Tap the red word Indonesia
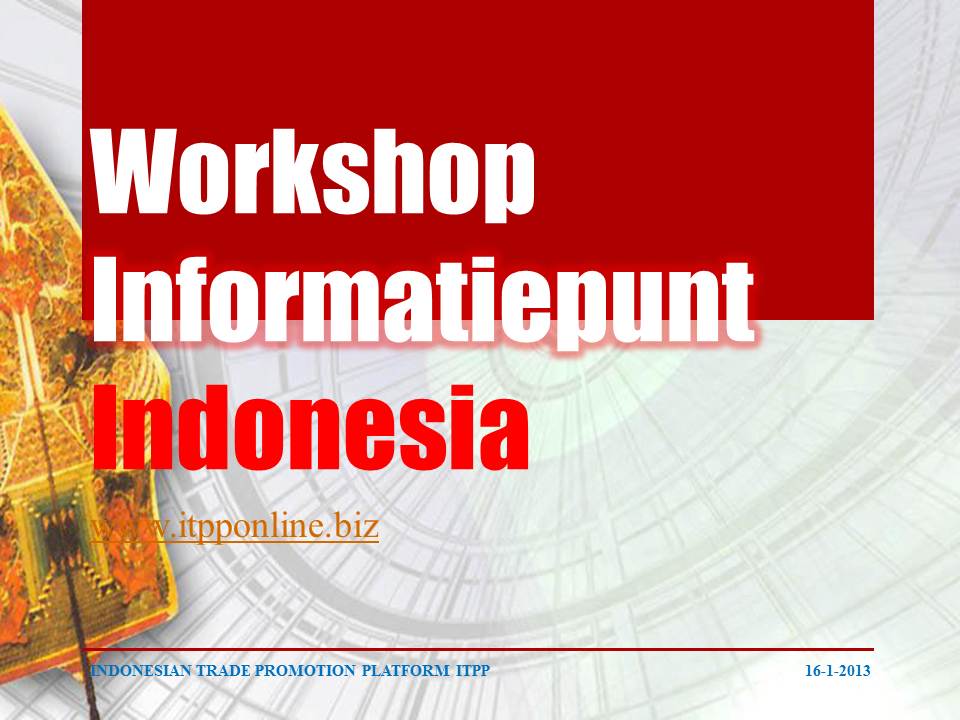[x=311, y=427]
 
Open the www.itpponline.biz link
[x=234, y=527]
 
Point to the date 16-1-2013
[x=837, y=670]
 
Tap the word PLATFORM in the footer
[x=405, y=670]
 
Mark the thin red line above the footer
[x=478, y=649]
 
